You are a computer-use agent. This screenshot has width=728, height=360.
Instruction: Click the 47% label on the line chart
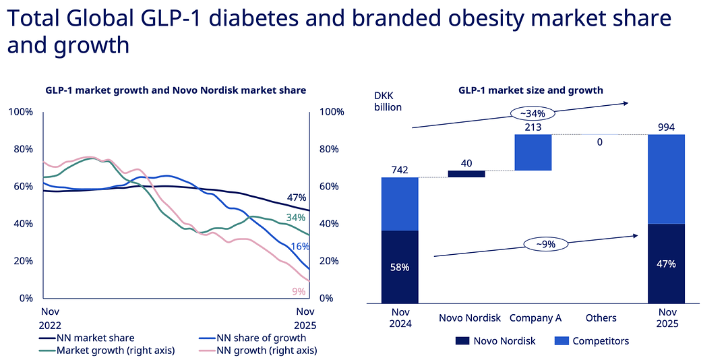[297, 198]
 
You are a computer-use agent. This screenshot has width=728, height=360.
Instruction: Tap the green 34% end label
[296, 218]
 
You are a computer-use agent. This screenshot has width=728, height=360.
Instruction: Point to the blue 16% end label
[300, 247]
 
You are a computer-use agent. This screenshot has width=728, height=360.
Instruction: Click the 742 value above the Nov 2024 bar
[400, 170]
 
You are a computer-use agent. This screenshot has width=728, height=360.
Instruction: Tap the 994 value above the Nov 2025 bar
[667, 127]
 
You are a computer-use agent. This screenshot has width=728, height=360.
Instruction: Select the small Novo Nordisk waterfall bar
[466, 174]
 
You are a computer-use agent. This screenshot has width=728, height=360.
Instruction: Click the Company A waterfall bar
[533, 152]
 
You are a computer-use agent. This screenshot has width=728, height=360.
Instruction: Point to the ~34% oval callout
[532, 113]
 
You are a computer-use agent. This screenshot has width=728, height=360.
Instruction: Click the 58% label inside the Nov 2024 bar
[400, 267]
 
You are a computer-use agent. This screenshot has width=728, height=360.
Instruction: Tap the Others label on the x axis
[601, 318]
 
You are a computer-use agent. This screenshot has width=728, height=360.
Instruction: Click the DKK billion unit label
[388, 101]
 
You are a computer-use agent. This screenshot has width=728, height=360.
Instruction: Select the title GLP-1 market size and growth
[530, 90]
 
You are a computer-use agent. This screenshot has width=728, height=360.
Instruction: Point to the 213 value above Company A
[533, 126]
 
